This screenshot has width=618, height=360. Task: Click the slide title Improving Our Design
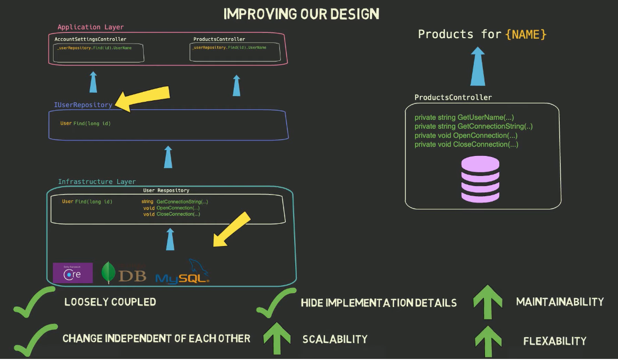tap(301, 14)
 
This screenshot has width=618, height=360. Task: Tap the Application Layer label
tap(91, 27)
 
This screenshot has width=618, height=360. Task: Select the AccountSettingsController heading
tap(91, 39)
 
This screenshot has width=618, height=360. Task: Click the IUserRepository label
tap(83, 105)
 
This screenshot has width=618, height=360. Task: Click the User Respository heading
tap(166, 190)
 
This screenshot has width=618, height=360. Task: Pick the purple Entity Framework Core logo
tap(73, 273)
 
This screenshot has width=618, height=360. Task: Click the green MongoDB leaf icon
tap(108, 273)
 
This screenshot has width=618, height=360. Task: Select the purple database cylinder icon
tap(480, 179)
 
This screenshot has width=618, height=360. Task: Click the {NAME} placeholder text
tap(526, 34)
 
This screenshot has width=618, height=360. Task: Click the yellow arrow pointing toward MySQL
tap(232, 229)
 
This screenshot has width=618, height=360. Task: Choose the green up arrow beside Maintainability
tap(487, 303)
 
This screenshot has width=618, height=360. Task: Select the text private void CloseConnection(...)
tap(466, 144)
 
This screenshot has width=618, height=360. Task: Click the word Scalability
tap(334, 339)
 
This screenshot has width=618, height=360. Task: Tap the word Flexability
tap(554, 341)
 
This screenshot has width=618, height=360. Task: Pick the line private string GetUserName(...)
tap(464, 117)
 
